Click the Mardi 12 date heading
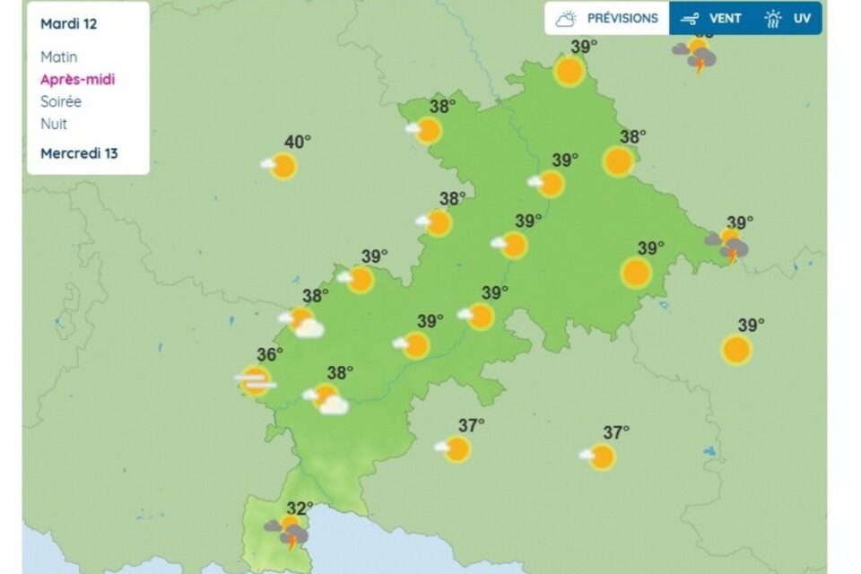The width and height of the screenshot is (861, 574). pos(68,24)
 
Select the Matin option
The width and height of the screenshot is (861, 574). pos(58,57)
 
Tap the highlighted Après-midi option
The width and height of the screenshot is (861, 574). pos(77,80)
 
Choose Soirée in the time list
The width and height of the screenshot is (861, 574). pos(61,102)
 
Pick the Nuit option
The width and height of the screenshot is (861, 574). pos(53,125)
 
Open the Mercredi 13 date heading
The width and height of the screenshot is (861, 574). pos(79,153)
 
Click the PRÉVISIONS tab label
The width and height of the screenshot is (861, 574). pos(622,18)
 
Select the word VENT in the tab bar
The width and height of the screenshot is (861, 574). pos(726,18)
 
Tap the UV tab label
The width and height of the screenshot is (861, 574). pos(801,18)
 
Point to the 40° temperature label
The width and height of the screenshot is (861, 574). pos(298,142)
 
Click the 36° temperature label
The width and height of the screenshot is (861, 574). pos(270,355)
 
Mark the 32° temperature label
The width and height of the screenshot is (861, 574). pos(300,509)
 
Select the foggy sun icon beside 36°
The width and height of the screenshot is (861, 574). pos(255,380)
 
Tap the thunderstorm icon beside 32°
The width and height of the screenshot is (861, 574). pos(288,533)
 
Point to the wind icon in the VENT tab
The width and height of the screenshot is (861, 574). pos(690,18)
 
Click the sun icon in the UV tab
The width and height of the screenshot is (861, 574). pos(773,18)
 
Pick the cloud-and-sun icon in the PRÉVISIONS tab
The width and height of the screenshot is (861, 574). pos(565,18)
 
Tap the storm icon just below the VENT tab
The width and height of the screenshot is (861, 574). pos(697,57)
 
